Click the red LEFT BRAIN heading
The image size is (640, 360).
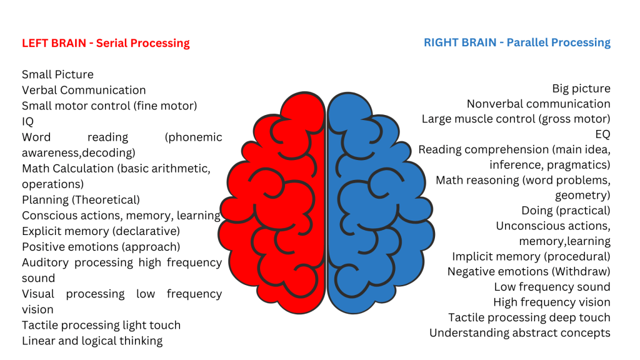pyautogui.click(x=106, y=43)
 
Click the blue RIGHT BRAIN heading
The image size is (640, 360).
pyautogui.click(x=517, y=42)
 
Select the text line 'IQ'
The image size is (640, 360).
pyautogui.click(x=28, y=121)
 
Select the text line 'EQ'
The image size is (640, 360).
pyautogui.click(x=602, y=134)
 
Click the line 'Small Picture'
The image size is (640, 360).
pyautogui.click(x=57, y=74)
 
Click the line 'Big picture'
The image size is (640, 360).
pyautogui.click(x=581, y=89)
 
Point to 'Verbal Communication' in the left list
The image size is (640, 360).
pyautogui.click(x=84, y=90)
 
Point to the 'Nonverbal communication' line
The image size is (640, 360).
pyautogui.click(x=539, y=104)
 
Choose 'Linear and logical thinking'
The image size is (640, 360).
pyautogui.click(x=92, y=341)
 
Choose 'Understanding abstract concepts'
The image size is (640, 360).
pyautogui.click(x=520, y=333)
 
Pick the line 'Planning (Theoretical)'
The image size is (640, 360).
pyautogui.click(x=81, y=200)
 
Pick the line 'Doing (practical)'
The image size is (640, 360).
pyautogui.click(x=566, y=211)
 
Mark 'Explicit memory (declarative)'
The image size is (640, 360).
pyautogui.click(x=101, y=231)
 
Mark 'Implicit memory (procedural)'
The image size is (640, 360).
pyautogui.click(x=531, y=256)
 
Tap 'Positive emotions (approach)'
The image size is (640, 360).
pyautogui.click(x=101, y=247)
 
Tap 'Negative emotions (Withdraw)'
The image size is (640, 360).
pyautogui.click(x=529, y=272)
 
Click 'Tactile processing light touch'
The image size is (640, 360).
pyautogui.click(x=101, y=325)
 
